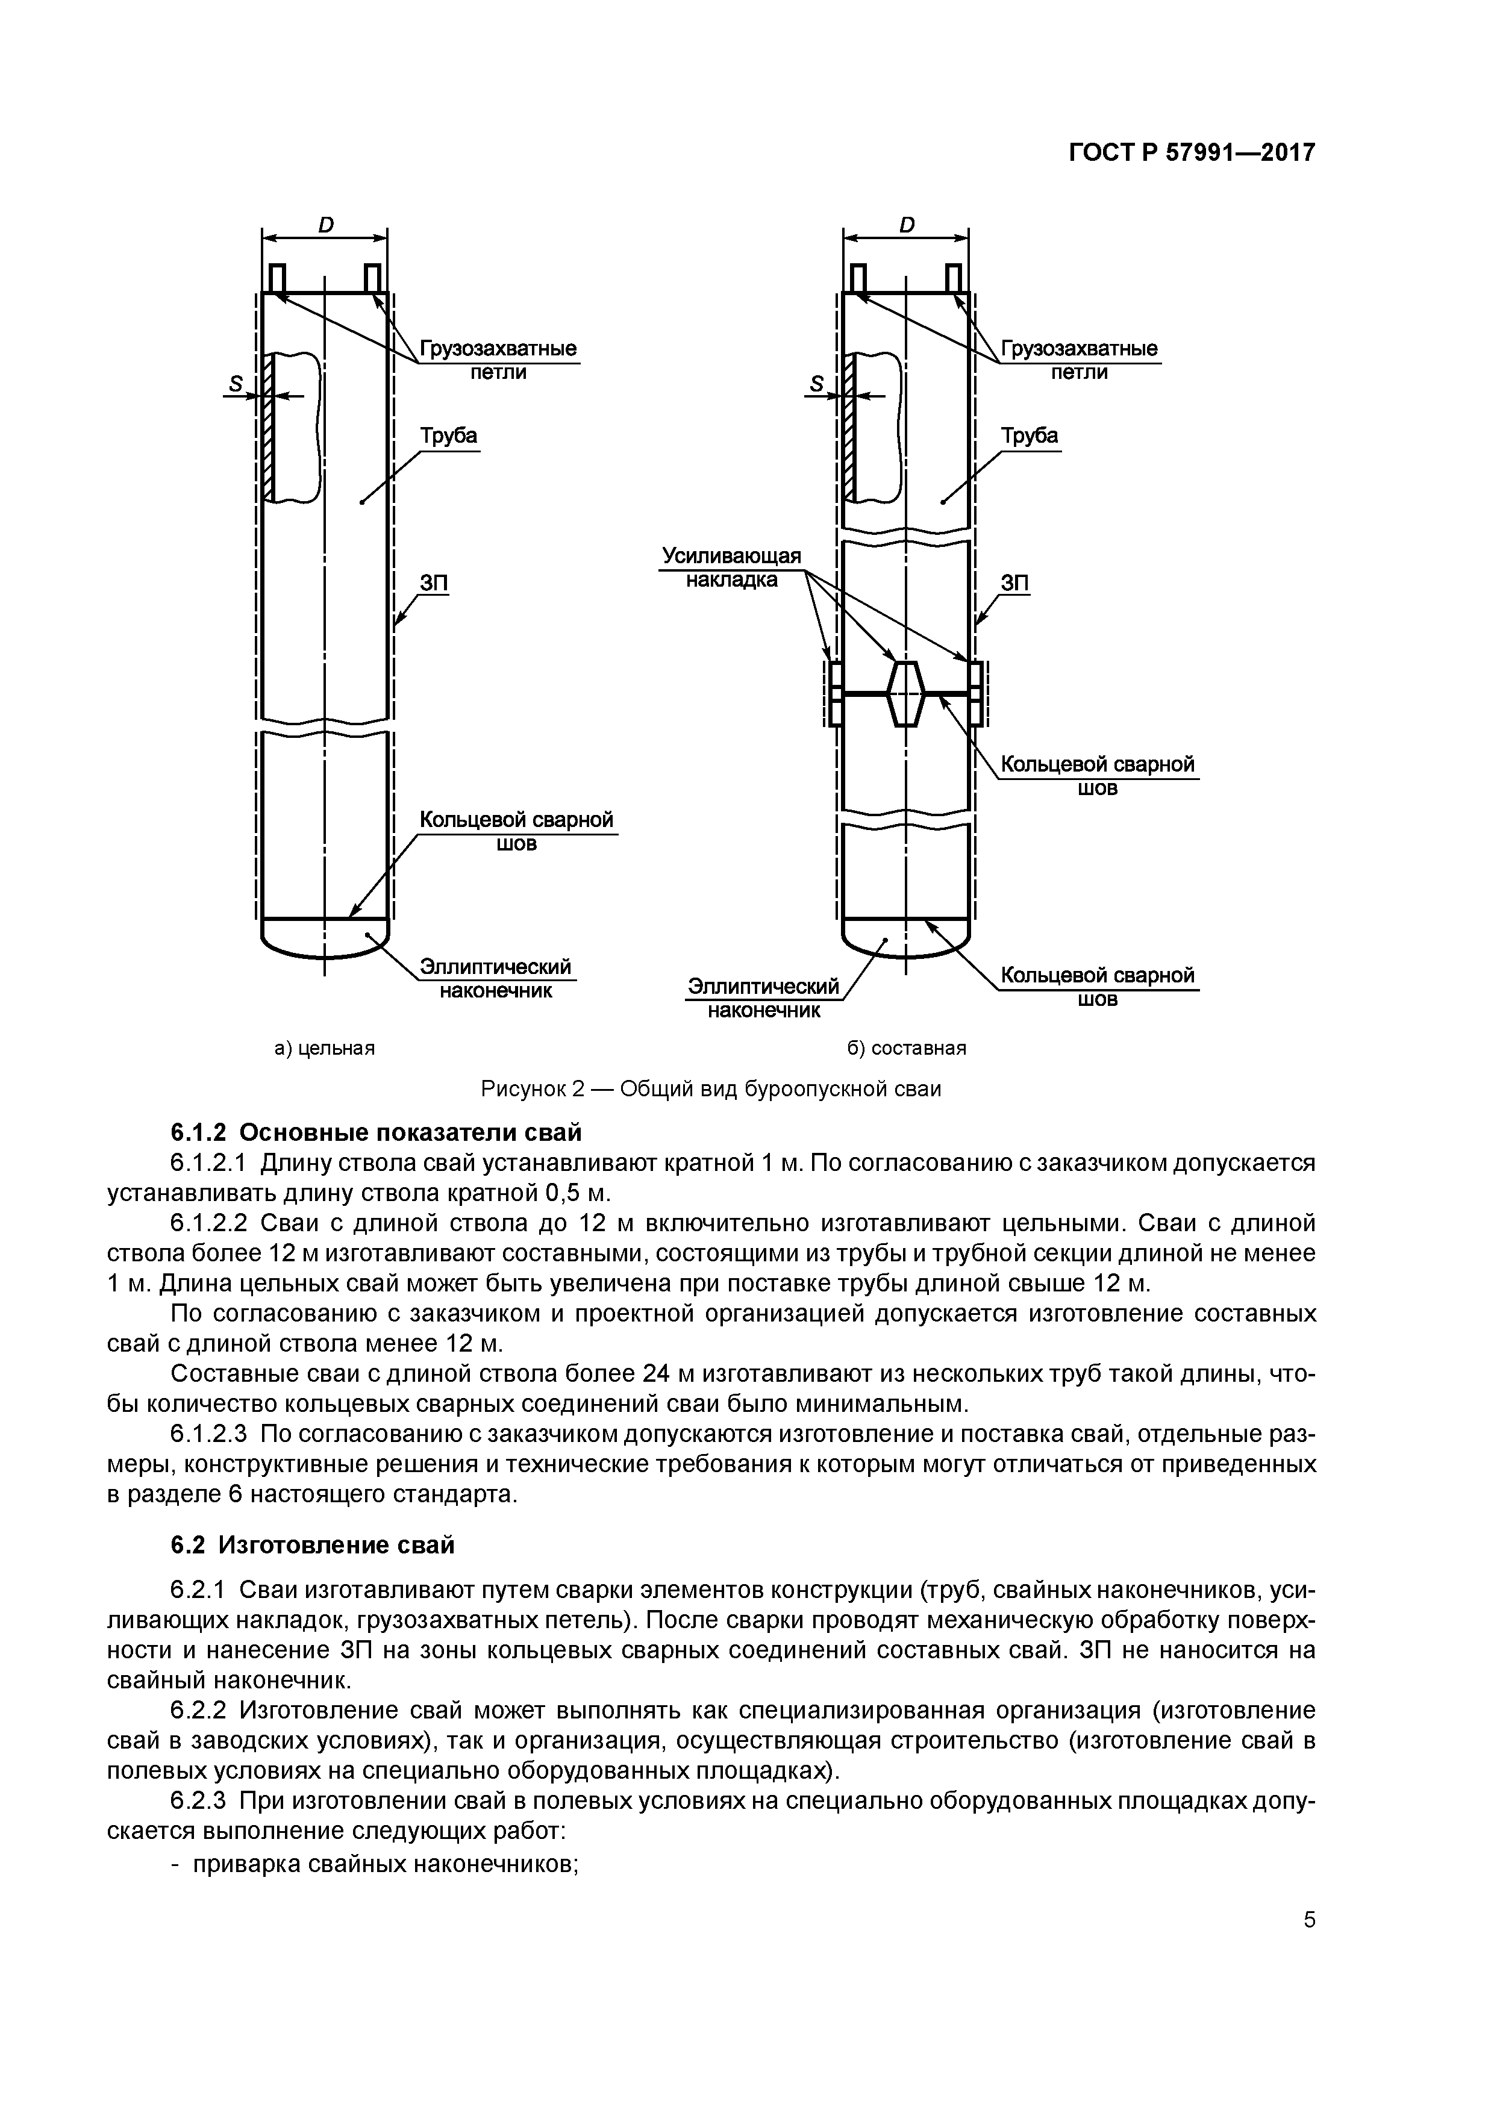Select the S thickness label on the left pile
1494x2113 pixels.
(236, 383)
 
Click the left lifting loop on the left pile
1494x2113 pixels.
(276, 278)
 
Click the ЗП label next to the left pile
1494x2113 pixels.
(434, 584)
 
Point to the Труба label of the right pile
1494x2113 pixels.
(1029, 435)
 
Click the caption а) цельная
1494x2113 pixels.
(325, 1048)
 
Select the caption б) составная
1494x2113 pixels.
(906, 1048)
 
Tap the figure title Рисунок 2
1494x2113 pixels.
(711, 1088)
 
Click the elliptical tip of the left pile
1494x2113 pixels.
(325, 938)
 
